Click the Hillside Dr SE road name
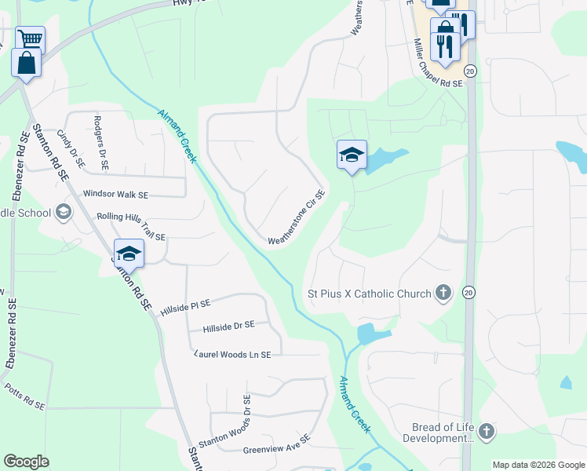228,326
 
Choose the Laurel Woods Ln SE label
232,355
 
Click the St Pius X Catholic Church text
369,294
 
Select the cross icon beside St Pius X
443,294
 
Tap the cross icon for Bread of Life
487,431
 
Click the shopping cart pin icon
30,39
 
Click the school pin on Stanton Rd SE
129,253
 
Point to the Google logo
26,462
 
